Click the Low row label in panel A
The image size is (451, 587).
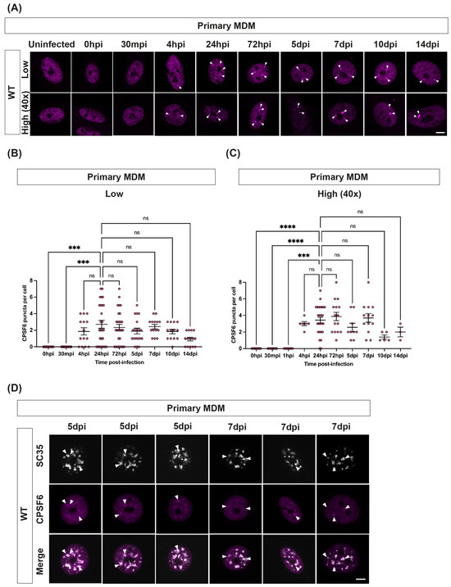point(21,72)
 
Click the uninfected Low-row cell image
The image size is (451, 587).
point(48,72)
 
